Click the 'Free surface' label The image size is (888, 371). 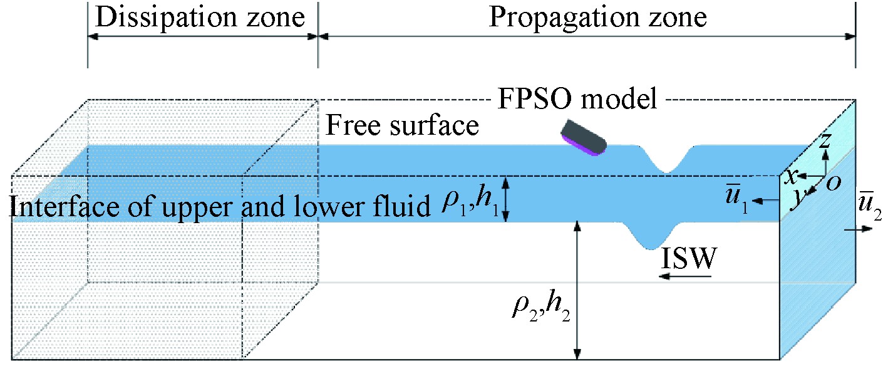pos(403,127)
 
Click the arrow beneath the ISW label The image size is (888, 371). pos(686,276)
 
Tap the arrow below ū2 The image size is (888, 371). pos(857,230)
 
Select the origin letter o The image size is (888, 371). pos(833,182)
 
